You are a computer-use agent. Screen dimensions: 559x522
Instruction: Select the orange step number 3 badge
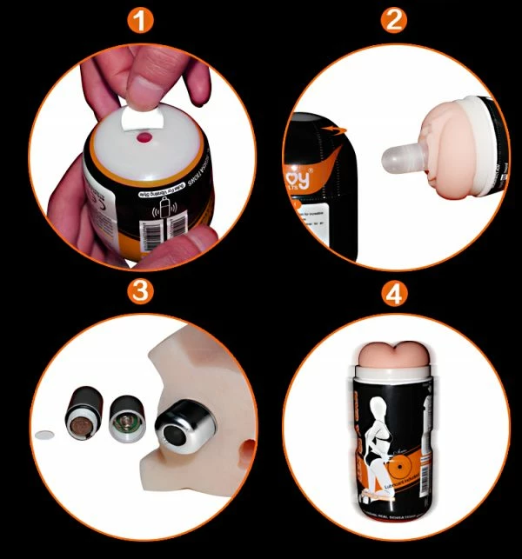[133, 292]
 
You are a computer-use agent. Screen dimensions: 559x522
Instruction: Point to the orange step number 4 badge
[394, 292]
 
